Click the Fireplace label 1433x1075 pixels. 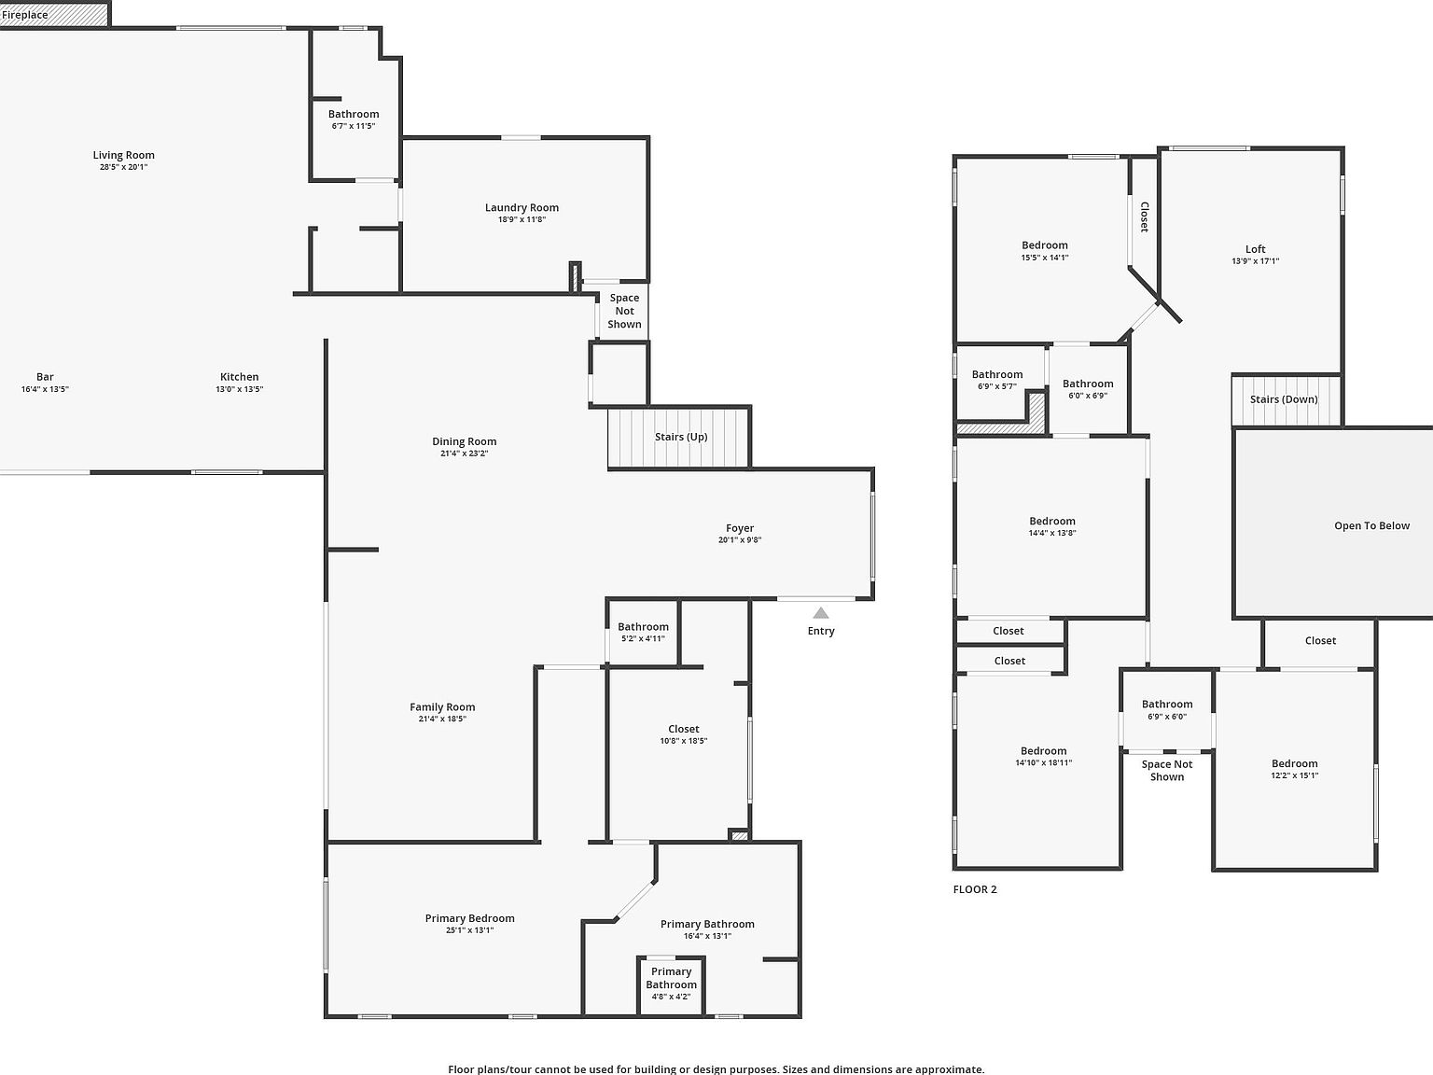(x=25, y=15)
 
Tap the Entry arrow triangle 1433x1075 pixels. (x=821, y=613)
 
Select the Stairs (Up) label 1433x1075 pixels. (x=681, y=437)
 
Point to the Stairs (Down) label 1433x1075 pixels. (x=1284, y=399)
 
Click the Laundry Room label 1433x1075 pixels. (x=522, y=208)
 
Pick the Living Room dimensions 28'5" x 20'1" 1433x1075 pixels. (x=123, y=168)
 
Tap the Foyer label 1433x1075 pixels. (x=740, y=528)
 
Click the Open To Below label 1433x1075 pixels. (x=1371, y=526)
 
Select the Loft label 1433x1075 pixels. (x=1256, y=249)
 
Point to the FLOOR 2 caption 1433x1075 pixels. (x=975, y=889)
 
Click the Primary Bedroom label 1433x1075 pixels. (x=469, y=918)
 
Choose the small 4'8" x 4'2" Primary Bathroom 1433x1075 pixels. (x=671, y=984)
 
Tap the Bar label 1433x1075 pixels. (x=45, y=377)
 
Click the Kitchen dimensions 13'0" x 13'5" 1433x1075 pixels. (x=240, y=390)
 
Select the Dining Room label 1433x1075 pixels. (x=464, y=441)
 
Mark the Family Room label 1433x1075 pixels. (x=442, y=707)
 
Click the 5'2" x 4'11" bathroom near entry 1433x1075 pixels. (x=643, y=632)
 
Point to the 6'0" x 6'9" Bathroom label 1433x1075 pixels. (x=1088, y=384)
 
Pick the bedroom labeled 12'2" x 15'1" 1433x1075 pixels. (x=1294, y=768)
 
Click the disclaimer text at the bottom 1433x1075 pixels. (x=716, y=1069)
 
